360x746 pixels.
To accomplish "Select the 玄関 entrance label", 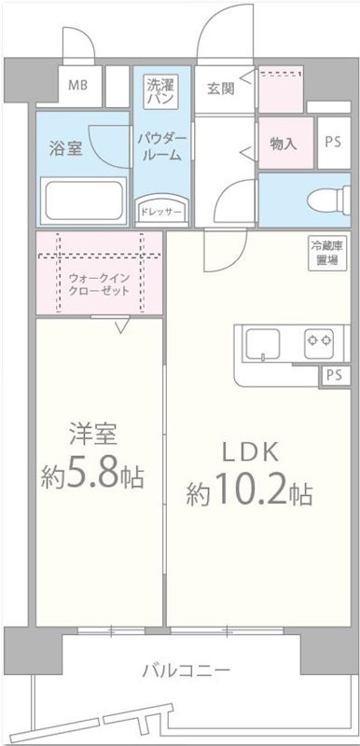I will [x=220, y=89].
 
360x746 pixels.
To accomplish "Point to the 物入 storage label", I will [x=282, y=144].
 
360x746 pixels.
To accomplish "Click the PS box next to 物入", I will [x=332, y=144].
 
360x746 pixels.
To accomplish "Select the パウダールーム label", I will [x=162, y=146].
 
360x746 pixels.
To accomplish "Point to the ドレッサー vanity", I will [x=161, y=211].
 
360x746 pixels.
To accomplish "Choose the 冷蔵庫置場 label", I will [x=325, y=253].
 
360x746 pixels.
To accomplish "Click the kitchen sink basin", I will [x=262, y=345].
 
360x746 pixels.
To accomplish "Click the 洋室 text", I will [x=91, y=435].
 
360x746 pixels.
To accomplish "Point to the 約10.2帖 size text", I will [x=248, y=491].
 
